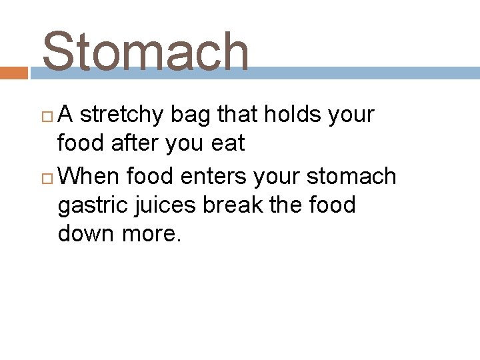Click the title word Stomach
tap(145, 52)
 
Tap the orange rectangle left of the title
tap(13, 73)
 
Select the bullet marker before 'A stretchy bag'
tap(48, 116)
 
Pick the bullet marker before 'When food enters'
tap(48, 177)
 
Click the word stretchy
tap(121, 115)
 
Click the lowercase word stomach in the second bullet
tap(351, 176)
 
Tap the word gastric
tap(93, 205)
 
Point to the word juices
tap(165, 205)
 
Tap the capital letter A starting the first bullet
tap(66, 115)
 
